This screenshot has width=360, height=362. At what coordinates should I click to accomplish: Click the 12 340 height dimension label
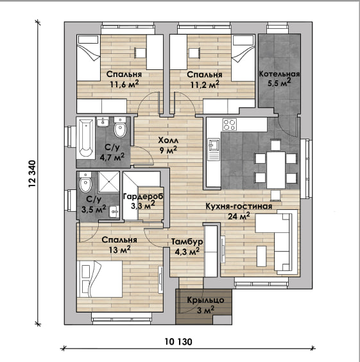point(32,173)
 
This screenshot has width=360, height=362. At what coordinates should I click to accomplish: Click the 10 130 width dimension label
point(178,341)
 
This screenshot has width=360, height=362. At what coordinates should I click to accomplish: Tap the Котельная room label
point(279,74)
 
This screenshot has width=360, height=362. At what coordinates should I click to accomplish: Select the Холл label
point(168,140)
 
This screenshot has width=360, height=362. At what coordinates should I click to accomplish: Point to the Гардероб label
point(143,196)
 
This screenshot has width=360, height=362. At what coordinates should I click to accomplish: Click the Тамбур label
point(187,242)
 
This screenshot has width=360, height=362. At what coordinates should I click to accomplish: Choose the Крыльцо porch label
point(205,300)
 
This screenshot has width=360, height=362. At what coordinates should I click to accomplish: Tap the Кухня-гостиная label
point(239,206)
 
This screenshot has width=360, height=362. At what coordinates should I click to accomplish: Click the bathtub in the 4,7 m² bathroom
point(85,138)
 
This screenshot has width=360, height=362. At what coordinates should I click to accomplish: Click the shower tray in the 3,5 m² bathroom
point(109,182)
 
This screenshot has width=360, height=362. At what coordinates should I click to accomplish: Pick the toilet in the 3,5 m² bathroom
point(85,182)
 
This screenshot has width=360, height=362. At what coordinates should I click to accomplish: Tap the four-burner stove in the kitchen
point(230,125)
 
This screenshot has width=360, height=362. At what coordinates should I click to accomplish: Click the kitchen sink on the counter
point(214,150)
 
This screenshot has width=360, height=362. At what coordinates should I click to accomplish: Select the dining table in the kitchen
point(276,169)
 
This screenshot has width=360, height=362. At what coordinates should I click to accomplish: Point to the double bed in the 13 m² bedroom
point(99,279)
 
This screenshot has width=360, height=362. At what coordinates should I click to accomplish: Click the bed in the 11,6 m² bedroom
point(89,58)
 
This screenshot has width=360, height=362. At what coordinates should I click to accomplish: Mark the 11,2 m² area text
point(205,85)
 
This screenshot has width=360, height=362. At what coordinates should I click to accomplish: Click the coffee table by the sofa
point(261,256)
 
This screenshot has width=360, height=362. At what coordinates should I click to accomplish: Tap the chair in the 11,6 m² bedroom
point(141,53)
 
